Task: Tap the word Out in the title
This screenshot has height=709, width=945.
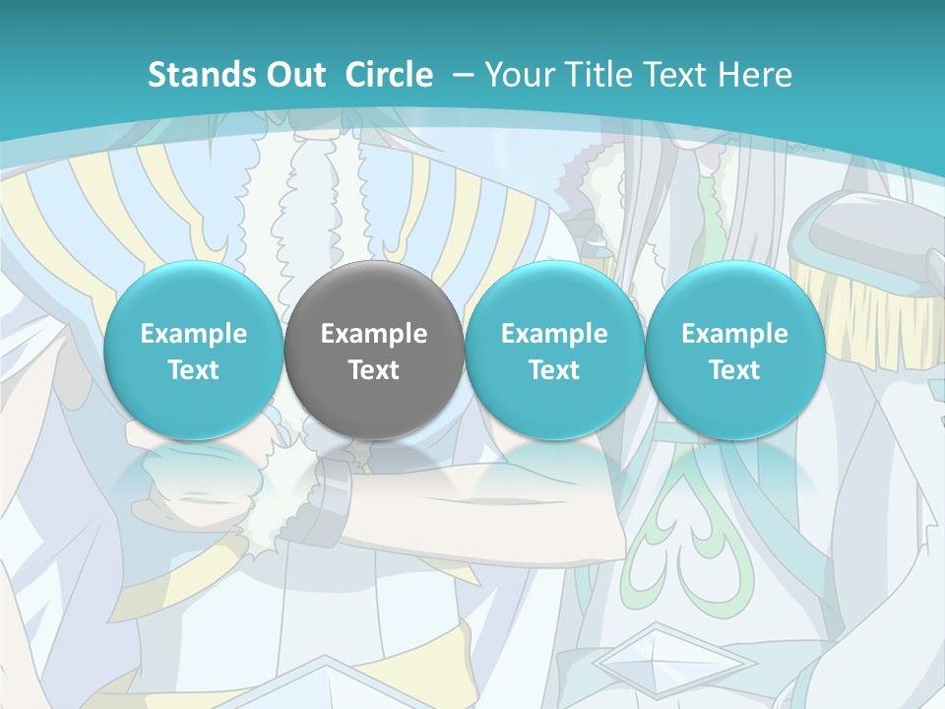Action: click(x=292, y=75)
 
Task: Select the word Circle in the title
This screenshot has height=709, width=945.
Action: click(x=389, y=75)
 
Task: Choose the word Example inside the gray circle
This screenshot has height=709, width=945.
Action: click(x=374, y=334)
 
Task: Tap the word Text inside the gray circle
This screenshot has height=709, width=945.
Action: click(x=374, y=370)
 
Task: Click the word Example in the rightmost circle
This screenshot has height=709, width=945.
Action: click(x=734, y=334)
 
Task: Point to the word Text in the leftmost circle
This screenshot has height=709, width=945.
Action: click(x=193, y=370)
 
